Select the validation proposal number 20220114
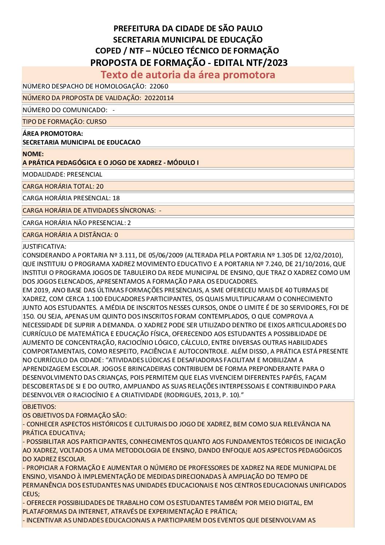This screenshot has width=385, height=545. point(159,98)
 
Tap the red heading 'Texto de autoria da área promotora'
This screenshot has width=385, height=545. point(188,75)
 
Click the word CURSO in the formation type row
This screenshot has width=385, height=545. point(96,122)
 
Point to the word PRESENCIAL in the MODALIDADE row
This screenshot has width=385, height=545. point(85,174)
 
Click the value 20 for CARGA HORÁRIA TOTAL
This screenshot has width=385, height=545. point(100,186)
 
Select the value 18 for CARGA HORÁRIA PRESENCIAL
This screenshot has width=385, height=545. point(116,198)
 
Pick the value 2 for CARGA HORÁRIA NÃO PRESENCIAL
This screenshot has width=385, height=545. point(129,223)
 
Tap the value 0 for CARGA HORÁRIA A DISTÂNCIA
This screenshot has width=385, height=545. point(116,235)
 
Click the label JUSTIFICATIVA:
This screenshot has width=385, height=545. point(44,246)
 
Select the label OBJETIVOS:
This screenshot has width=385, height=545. point(39,406)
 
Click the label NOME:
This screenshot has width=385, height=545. point(33,154)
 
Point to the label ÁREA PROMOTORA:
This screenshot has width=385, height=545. point(53,134)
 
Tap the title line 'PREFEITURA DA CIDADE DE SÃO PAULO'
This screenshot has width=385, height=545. point(188,28)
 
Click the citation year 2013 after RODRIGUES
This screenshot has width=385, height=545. point(201,395)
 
